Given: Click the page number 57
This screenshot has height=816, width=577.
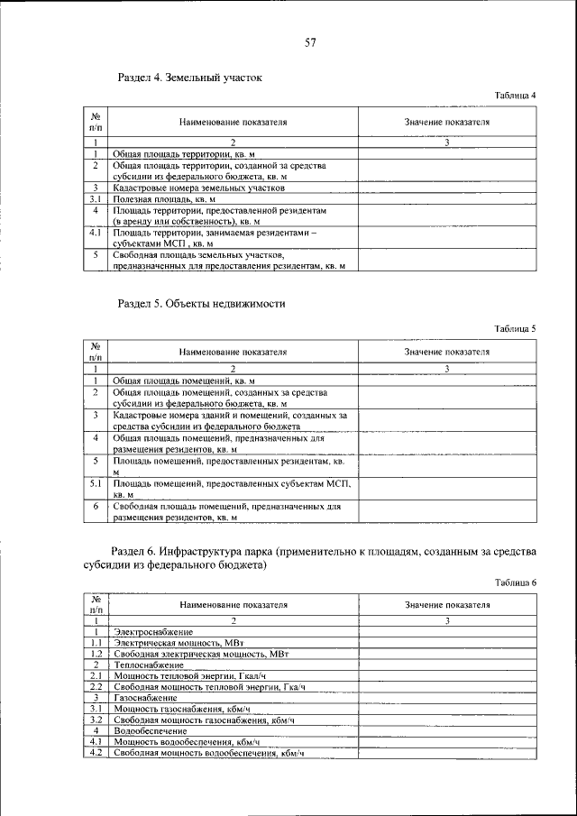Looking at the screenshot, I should [309, 43].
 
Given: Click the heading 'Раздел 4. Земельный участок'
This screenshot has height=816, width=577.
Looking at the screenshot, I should [190, 78].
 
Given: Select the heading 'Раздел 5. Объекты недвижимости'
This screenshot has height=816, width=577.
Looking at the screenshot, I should [202, 304].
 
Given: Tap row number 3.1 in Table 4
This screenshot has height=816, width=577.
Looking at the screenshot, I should [95, 198].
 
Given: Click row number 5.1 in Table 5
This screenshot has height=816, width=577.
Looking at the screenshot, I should [95, 484].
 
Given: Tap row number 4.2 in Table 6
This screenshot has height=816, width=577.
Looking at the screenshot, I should [95, 753].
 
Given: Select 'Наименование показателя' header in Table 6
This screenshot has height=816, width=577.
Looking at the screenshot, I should [233, 604].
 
